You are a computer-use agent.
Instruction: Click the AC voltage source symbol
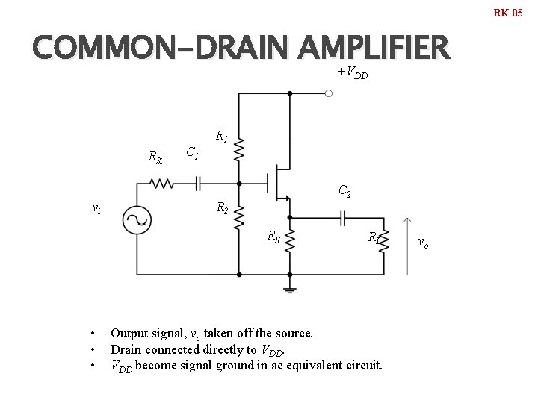137,220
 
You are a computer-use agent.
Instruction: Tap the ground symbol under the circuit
290,290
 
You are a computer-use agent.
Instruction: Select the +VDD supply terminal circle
328,93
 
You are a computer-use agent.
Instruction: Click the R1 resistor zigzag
239,149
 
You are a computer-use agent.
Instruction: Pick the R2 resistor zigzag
239,217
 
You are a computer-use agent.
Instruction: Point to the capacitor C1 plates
197,184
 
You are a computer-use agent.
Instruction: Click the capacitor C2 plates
343,218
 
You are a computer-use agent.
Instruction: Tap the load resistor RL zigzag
384,241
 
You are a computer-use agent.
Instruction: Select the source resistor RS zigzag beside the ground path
290,241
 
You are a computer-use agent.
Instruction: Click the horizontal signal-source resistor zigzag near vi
161,184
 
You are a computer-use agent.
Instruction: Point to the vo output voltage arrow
407,246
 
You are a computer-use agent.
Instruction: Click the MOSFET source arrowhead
287,198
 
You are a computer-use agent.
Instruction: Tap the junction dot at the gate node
239,184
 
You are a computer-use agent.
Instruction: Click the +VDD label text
353,72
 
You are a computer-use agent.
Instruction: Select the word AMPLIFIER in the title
374,47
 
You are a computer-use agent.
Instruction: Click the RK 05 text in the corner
508,13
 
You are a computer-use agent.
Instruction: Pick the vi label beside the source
96,209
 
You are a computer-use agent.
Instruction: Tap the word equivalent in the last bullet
315,365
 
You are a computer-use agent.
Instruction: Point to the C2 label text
344,191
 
